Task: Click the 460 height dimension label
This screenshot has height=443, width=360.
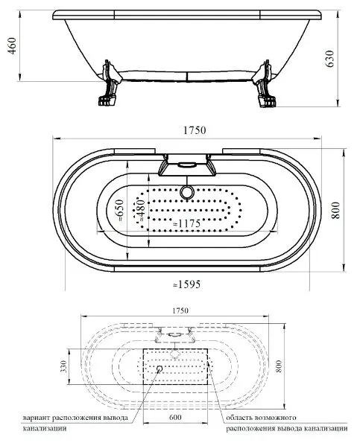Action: point(12,45)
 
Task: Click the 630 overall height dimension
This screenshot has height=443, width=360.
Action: point(329,59)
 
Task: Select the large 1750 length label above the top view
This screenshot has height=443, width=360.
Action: point(195,130)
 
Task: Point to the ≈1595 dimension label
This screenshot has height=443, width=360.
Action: point(186,284)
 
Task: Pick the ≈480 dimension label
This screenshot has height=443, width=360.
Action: point(141,210)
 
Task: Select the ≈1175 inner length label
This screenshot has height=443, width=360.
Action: point(186,223)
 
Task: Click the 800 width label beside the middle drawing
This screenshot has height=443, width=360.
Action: point(335,210)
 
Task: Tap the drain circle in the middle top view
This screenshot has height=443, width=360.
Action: point(186,192)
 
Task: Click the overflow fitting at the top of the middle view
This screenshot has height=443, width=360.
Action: point(187,165)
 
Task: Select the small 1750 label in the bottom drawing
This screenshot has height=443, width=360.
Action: point(180,310)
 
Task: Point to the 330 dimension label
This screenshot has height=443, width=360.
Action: point(64,366)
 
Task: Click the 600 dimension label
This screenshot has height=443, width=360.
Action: point(175,417)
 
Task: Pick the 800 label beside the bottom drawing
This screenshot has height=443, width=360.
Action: point(279,366)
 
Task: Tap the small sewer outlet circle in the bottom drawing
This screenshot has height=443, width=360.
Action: point(160,369)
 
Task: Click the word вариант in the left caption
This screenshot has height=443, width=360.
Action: point(37,418)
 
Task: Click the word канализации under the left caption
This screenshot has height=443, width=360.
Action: point(45,428)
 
